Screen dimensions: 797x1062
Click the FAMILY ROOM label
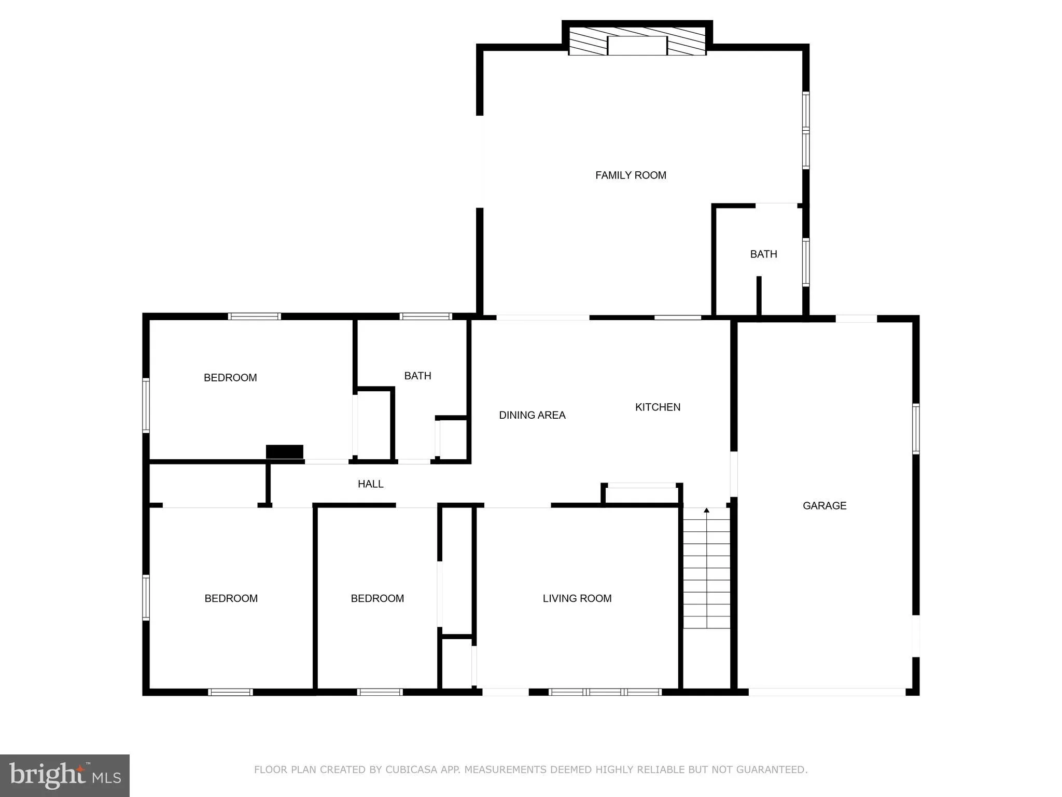tap(631, 175)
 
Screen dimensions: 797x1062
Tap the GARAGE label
tap(825, 505)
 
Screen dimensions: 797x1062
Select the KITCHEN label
tap(658, 407)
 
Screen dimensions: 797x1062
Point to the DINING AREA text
tap(532, 415)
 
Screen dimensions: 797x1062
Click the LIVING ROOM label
tap(577, 598)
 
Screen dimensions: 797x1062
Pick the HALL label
tap(370, 484)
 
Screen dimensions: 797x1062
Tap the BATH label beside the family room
tap(763, 254)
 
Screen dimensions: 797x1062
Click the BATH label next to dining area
tap(417, 376)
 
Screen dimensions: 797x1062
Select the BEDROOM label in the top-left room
tap(230, 378)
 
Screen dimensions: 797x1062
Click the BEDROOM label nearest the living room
tap(377, 598)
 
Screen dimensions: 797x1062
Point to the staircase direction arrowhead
tap(706, 511)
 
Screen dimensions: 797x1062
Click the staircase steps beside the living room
tap(706, 571)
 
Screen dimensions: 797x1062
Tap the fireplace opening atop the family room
tap(637, 46)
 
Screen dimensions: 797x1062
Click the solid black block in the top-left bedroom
tap(284, 451)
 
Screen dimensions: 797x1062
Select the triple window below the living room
tap(605, 692)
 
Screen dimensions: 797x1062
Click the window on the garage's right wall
tap(916, 429)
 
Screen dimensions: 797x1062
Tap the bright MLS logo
tap(65, 775)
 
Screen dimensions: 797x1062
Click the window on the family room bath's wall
tap(806, 262)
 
